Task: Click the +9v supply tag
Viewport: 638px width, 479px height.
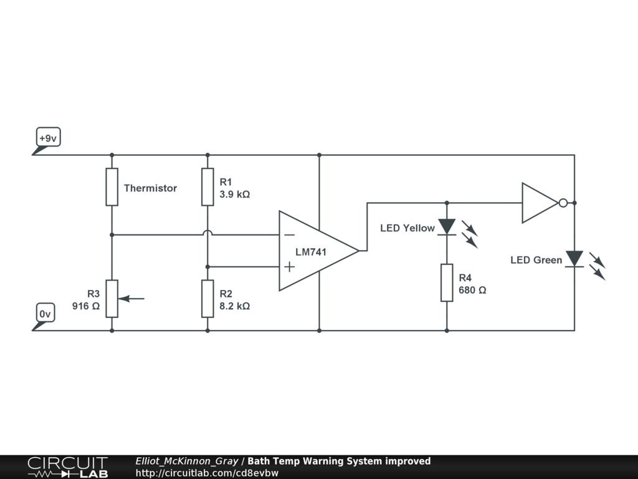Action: (x=47, y=138)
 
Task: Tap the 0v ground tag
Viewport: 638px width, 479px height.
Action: (x=45, y=314)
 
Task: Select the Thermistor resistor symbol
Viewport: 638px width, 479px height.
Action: (x=112, y=186)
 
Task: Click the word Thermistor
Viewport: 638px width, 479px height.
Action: (x=150, y=188)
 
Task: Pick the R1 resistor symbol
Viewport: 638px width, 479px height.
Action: (x=207, y=186)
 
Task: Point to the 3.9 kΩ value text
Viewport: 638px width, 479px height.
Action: (x=234, y=194)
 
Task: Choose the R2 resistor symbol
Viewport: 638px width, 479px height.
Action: (x=207, y=299)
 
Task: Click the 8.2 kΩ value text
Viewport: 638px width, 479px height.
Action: (x=234, y=306)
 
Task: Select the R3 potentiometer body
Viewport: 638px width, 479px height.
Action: (x=112, y=299)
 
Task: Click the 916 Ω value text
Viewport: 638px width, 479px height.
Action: (x=86, y=306)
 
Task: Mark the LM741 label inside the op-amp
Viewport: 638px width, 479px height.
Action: (x=310, y=252)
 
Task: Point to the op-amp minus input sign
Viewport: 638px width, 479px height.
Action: (x=289, y=235)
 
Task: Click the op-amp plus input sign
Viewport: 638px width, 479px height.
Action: (x=289, y=267)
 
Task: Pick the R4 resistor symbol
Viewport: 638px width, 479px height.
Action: (x=447, y=283)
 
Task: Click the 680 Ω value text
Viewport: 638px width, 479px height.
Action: (x=472, y=290)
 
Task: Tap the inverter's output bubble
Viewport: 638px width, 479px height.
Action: (x=563, y=203)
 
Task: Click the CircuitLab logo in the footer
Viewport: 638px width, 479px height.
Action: (x=67, y=467)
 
